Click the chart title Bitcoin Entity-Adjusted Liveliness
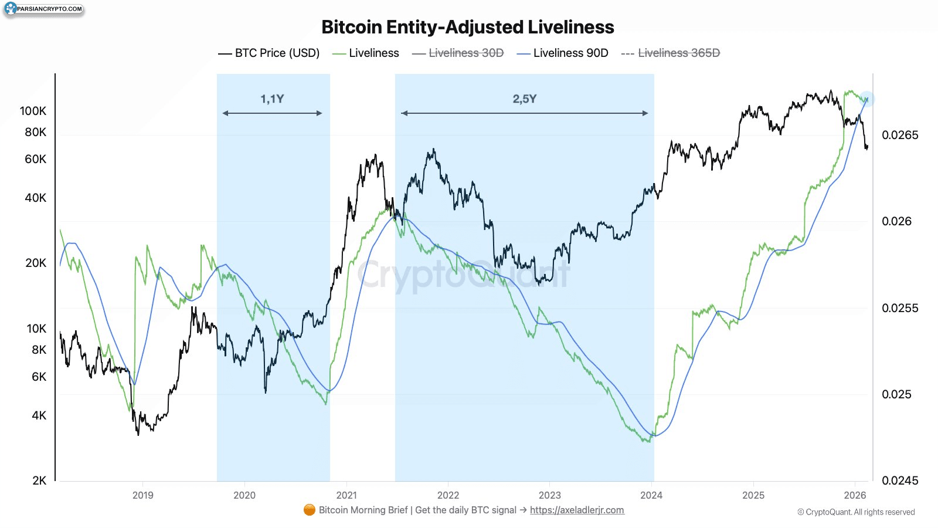(x=468, y=27)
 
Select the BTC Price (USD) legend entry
(x=269, y=53)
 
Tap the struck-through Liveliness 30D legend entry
(x=458, y=53)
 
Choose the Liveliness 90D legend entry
(x=562, y=53)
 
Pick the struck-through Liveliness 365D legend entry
(x=671, y=53)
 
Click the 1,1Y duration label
(x=272, y=99)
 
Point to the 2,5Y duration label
(x=524, y=99)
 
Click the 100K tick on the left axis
(x=33, y=111)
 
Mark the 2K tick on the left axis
(x=39, y=480)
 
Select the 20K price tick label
(x=36, y=263)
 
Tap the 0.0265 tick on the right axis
(x=900, y=135)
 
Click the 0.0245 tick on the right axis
(x=900, y=480)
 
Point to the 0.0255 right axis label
(x=900, y=308)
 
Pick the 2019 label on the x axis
(x=143, y=495)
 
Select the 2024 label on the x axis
(x=651, y=495)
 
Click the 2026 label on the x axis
(x=855, y=495)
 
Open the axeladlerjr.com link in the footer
(x=577, y=510)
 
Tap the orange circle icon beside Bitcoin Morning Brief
(x=309, y=510)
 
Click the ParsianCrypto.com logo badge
(x=43, y=9)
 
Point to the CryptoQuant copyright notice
(x=856, y=512)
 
